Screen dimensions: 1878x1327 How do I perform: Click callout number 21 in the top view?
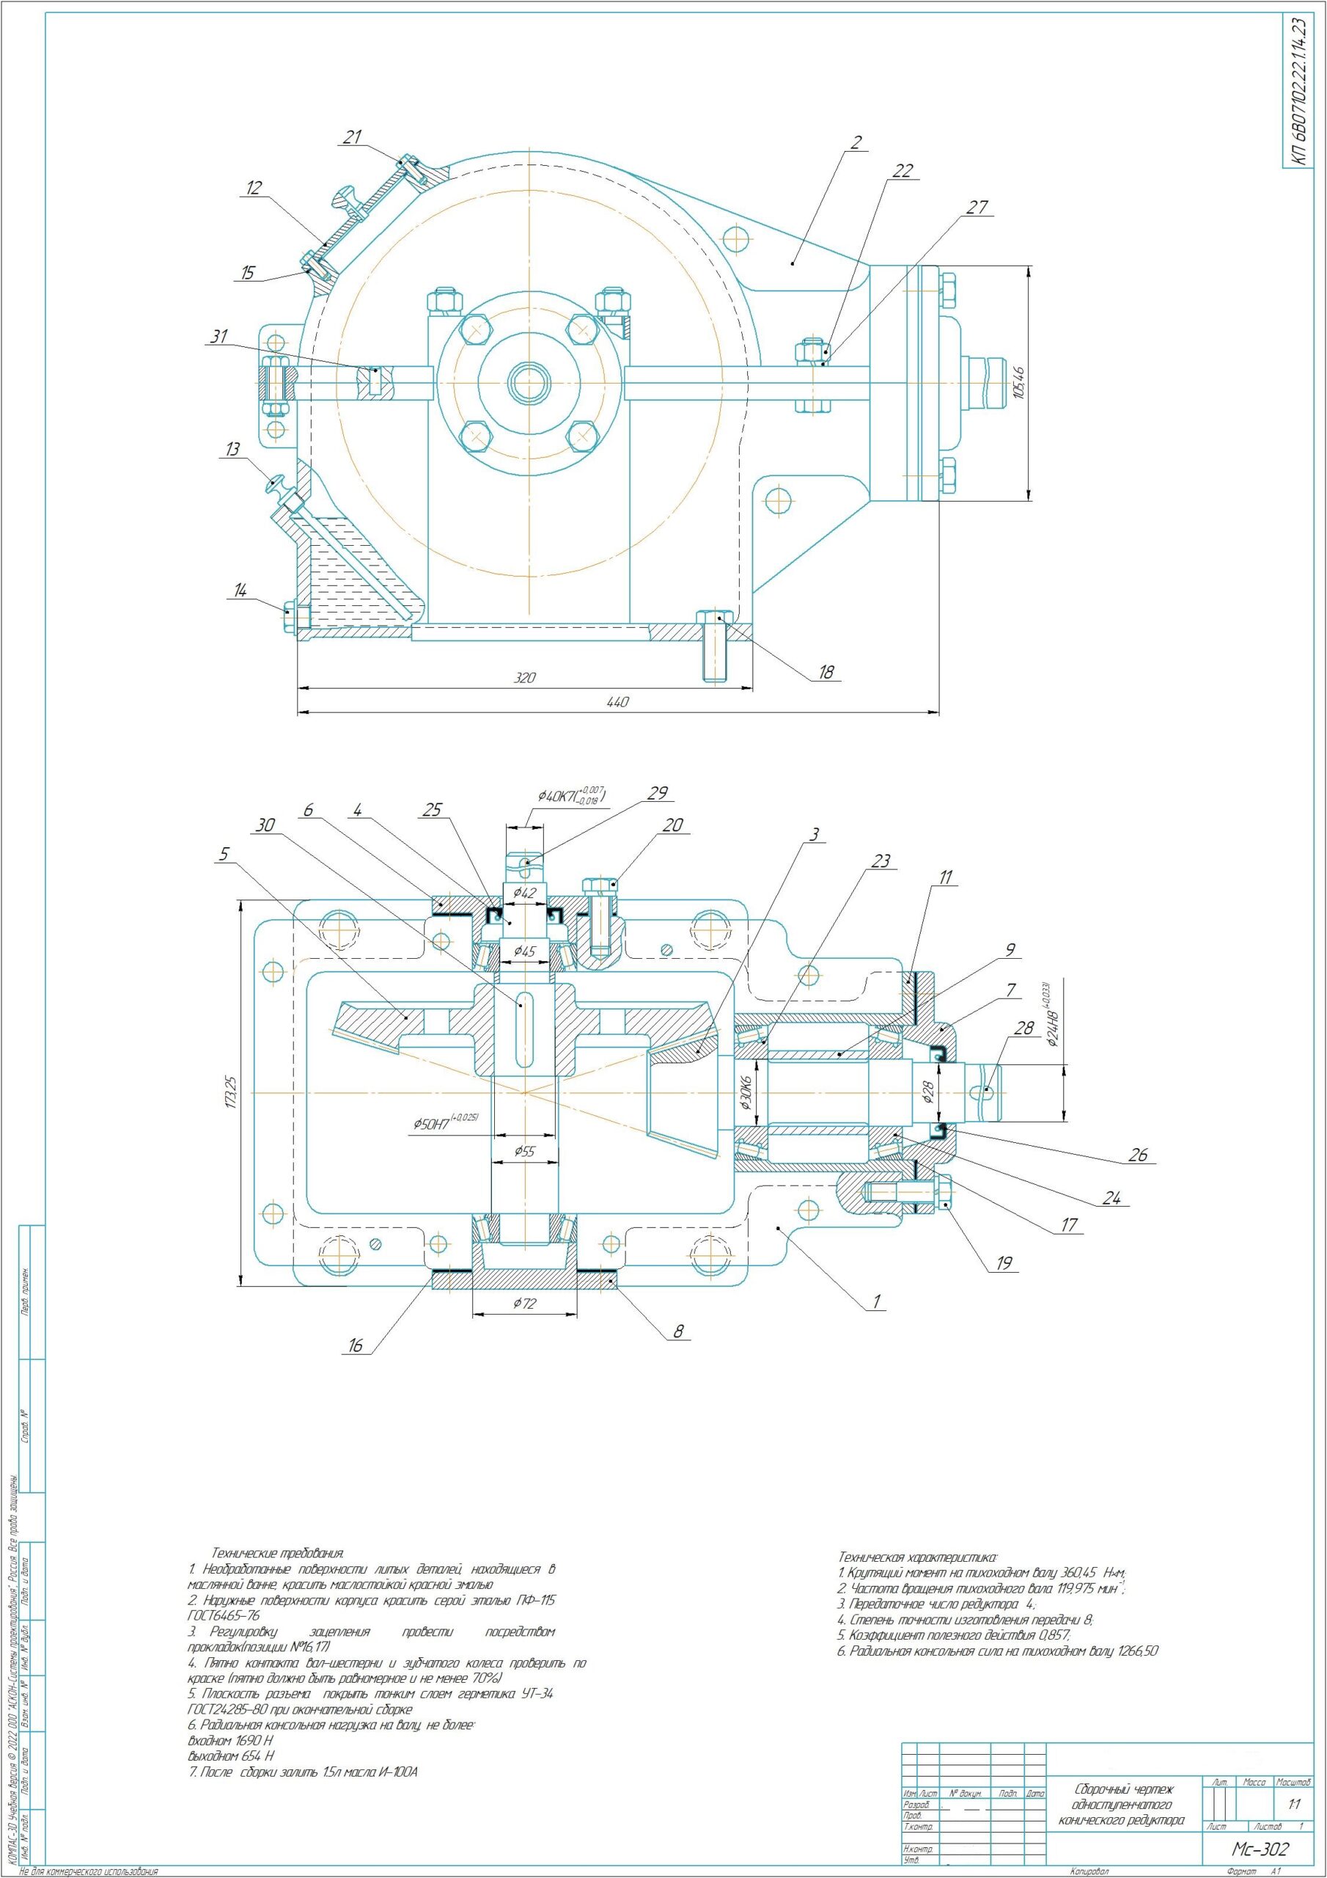pos(353,137)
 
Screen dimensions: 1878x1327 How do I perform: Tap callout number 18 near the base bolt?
pos(826,673)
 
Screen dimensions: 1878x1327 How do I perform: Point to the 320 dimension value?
pos(524,678)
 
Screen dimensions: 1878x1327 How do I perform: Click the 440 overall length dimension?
pos(619,703)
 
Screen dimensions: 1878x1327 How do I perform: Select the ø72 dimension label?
pos(524,1304)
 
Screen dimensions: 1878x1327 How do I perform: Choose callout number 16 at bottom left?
pos(356,1345)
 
